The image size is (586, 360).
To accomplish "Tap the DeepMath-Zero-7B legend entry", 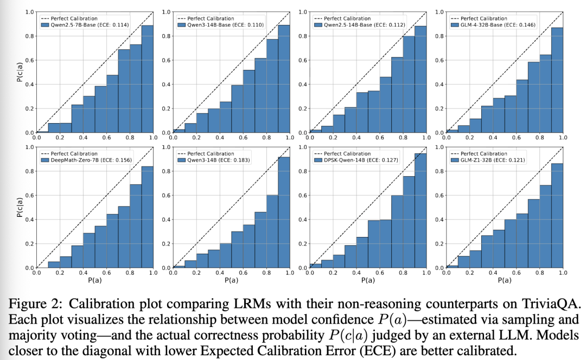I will tap(83, 160).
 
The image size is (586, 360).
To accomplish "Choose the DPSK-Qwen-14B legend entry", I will tap(356, 160).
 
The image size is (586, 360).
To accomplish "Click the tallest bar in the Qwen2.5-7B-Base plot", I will tap(148, 79).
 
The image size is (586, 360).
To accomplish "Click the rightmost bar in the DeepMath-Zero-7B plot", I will tap(148, 217).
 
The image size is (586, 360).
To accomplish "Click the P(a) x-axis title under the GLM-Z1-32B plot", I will tap(505, 281).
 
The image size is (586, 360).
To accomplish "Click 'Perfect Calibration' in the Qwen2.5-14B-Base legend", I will tap(349, 18).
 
